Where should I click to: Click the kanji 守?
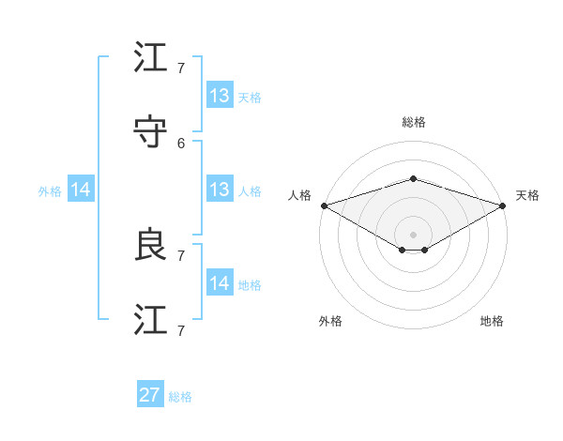coord(150,132)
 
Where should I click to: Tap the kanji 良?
coord(150,245)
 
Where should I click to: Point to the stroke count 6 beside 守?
coord(181,143)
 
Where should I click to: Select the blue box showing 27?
coord(150,395)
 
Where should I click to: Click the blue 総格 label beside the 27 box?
coord(180,397)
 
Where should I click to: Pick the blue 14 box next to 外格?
coord(81,190)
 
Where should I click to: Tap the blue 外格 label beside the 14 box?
coord(50,190)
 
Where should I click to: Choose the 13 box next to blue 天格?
coord(220,95)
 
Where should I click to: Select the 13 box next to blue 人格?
coord(220,190)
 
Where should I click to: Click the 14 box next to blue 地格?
coord(220,283)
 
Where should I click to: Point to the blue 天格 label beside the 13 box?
coord(250,97)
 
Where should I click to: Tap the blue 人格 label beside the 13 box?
coord(250,190)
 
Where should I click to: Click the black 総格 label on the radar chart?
coord(413,122)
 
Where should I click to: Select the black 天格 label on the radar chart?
coord(527,195)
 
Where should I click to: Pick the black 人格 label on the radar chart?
coord(299,195)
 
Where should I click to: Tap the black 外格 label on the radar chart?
coord(330,321)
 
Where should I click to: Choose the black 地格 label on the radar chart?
coord(492,321)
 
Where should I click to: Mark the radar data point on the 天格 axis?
coord(503,205)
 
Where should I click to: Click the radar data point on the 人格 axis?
coord(324,205)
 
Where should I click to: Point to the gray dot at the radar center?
coord(413,234)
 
